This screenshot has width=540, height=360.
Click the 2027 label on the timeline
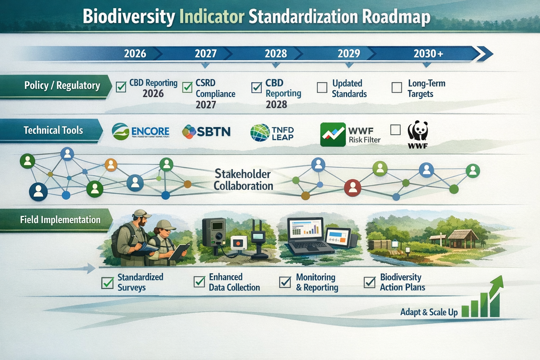[x=206, y=53]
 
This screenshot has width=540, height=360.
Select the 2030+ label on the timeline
[x=428, y=53]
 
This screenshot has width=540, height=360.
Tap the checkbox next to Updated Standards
[x=322, y=88]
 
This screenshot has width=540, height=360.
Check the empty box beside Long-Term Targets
[x=397, y=88]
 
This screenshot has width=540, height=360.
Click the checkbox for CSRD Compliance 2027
[x=187, y=87]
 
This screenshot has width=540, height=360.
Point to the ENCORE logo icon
[x=120, y=131]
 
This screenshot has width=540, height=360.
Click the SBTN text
[x=213, y=132]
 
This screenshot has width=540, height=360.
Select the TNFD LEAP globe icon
[x=260, y=133]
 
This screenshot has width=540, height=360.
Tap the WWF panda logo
[x=418, y=132]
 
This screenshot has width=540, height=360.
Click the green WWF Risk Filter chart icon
[x=333, y=134]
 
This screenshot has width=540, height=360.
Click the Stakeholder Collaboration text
[x=243, y=180]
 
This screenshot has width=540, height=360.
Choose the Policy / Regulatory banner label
[x=62, y=85]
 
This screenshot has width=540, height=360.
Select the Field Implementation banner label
[x=60, y=220]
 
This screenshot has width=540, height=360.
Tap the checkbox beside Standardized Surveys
[x=107, y=282]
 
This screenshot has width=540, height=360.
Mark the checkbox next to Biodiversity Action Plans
[x=369, y=282]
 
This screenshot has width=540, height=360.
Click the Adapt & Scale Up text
[x=429, y=312]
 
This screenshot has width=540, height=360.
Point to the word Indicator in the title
[x=212, y=17]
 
